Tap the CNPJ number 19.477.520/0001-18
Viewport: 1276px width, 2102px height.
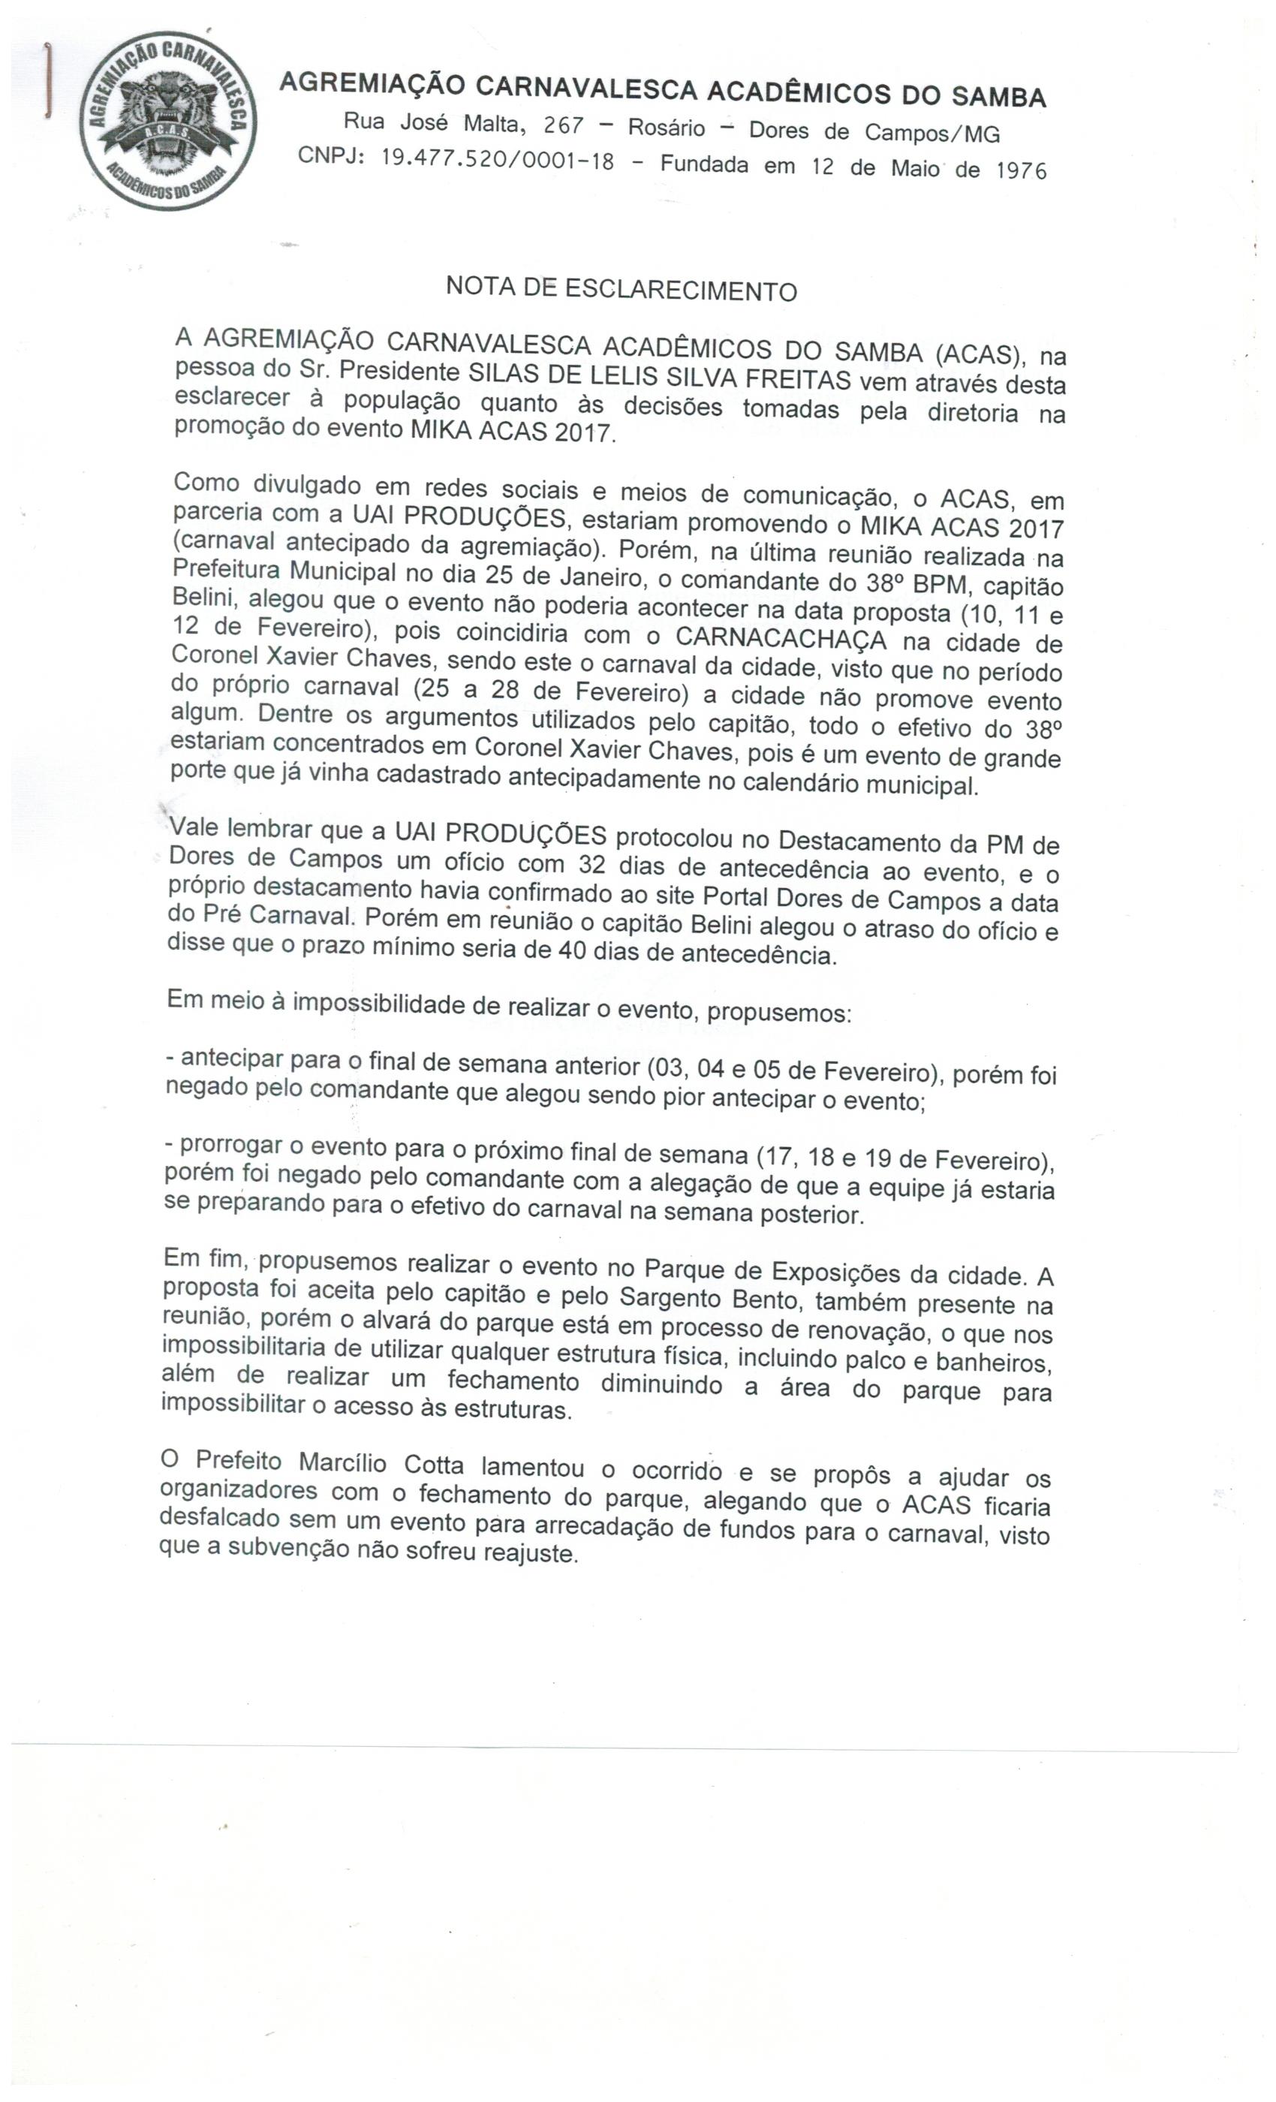click(497, 159)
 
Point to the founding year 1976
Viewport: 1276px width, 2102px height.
click(1021, 170)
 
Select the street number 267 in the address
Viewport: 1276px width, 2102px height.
click(564, 126)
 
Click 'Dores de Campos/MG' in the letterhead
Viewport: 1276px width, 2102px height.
click(874, 132)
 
